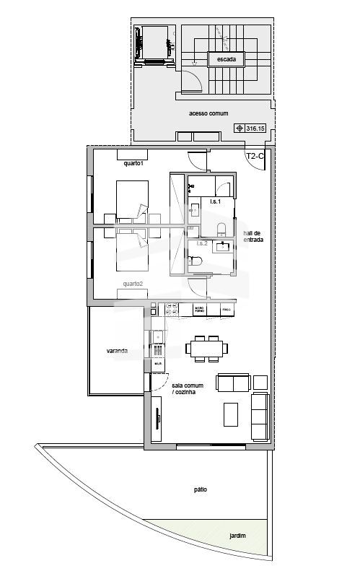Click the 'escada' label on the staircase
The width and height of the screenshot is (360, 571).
(226, 60)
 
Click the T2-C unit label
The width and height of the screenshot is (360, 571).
(255, 156)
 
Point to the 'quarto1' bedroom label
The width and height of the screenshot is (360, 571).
(134, 163)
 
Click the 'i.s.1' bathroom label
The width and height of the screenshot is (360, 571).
(215, 201)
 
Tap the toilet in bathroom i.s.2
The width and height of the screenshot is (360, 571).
(196, 264)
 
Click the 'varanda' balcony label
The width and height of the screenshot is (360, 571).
(117, 351)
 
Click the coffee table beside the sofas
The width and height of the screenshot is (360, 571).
(232, 414)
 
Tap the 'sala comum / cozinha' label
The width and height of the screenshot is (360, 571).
(188, 388)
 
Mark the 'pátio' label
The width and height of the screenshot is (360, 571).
(200, 489)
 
